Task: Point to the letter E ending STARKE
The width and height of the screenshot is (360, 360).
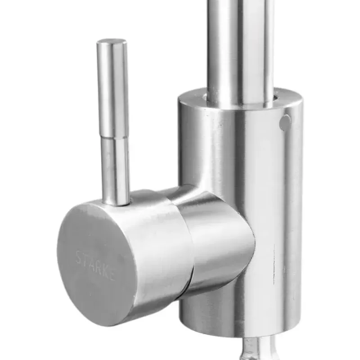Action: (111, 275)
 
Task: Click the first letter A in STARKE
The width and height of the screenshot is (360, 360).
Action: (91, 265)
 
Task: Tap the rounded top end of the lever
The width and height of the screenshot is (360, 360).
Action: (112, 42)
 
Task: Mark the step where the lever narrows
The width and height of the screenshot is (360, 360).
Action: (113, 138)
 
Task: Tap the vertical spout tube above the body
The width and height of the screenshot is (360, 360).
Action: (241, 45)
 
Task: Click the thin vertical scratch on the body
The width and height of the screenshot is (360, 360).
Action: (274, 265)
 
